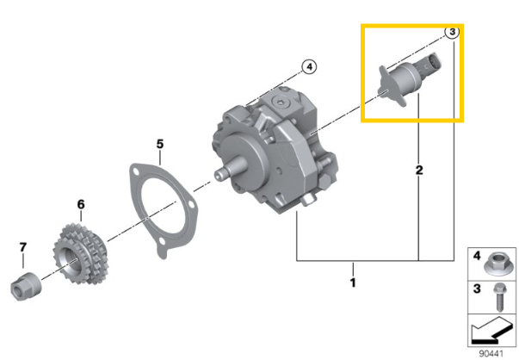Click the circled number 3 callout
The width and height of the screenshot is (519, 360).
click(x=453, y=33)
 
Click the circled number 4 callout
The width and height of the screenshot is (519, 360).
click(x=309, y=65)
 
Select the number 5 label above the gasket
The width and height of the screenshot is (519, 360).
click(x=159, y=143)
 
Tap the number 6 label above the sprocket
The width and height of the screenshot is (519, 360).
click(x=81, y=204)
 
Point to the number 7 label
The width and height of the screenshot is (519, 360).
click(x=23, y=248)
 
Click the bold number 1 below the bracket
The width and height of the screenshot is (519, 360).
click(x=351, y=282)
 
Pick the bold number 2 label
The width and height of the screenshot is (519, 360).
click(x=419, y=171)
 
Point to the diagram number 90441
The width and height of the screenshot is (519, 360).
click(x=493, y=351)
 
